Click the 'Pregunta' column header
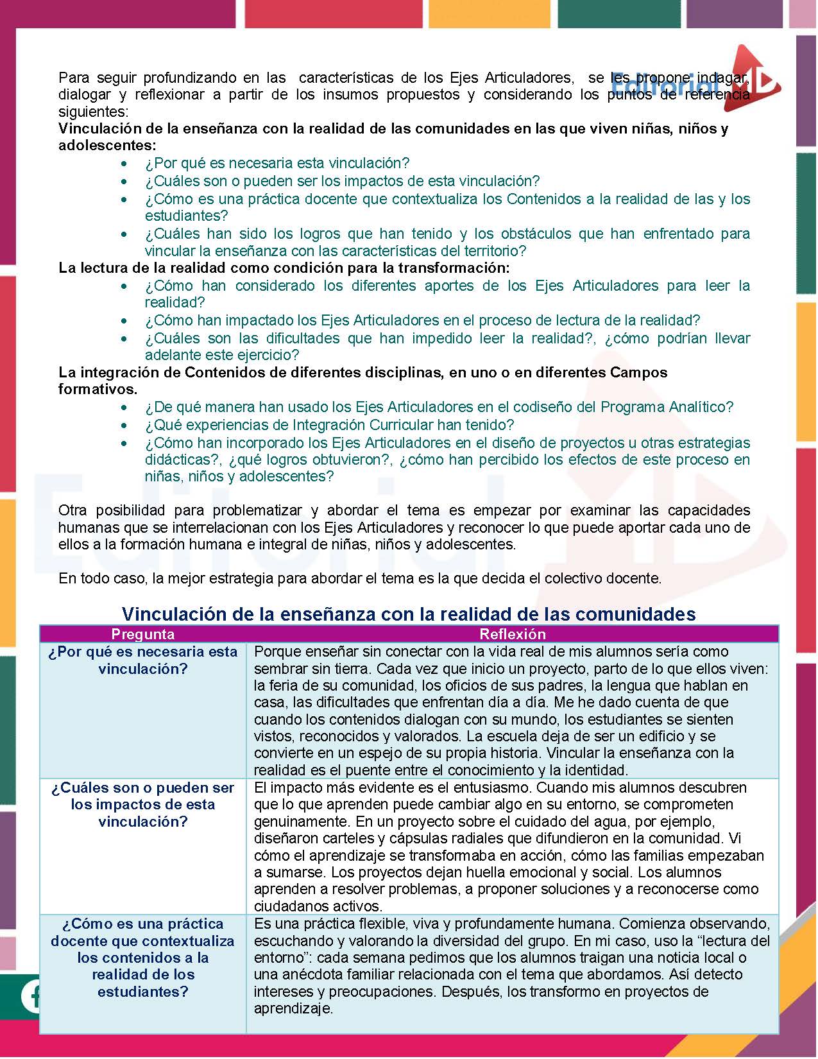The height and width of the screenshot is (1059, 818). (142, 634)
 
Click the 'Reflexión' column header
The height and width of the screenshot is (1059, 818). (512, 634)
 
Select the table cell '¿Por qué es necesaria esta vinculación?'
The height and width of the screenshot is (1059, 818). (142, 660)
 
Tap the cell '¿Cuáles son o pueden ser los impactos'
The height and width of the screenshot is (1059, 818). (142, 804)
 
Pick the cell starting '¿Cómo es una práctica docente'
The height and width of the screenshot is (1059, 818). (142, 957)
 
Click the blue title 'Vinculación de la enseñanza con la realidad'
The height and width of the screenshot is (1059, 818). (409, 614)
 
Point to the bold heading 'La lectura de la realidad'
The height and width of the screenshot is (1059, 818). (284, 268)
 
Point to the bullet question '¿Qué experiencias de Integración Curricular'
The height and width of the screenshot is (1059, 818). (329, 425)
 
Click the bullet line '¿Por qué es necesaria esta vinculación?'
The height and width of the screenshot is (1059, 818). (277, 163)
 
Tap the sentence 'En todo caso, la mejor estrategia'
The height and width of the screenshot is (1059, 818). (359, 578)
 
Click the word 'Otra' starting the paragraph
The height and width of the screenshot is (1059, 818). (72, 511)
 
